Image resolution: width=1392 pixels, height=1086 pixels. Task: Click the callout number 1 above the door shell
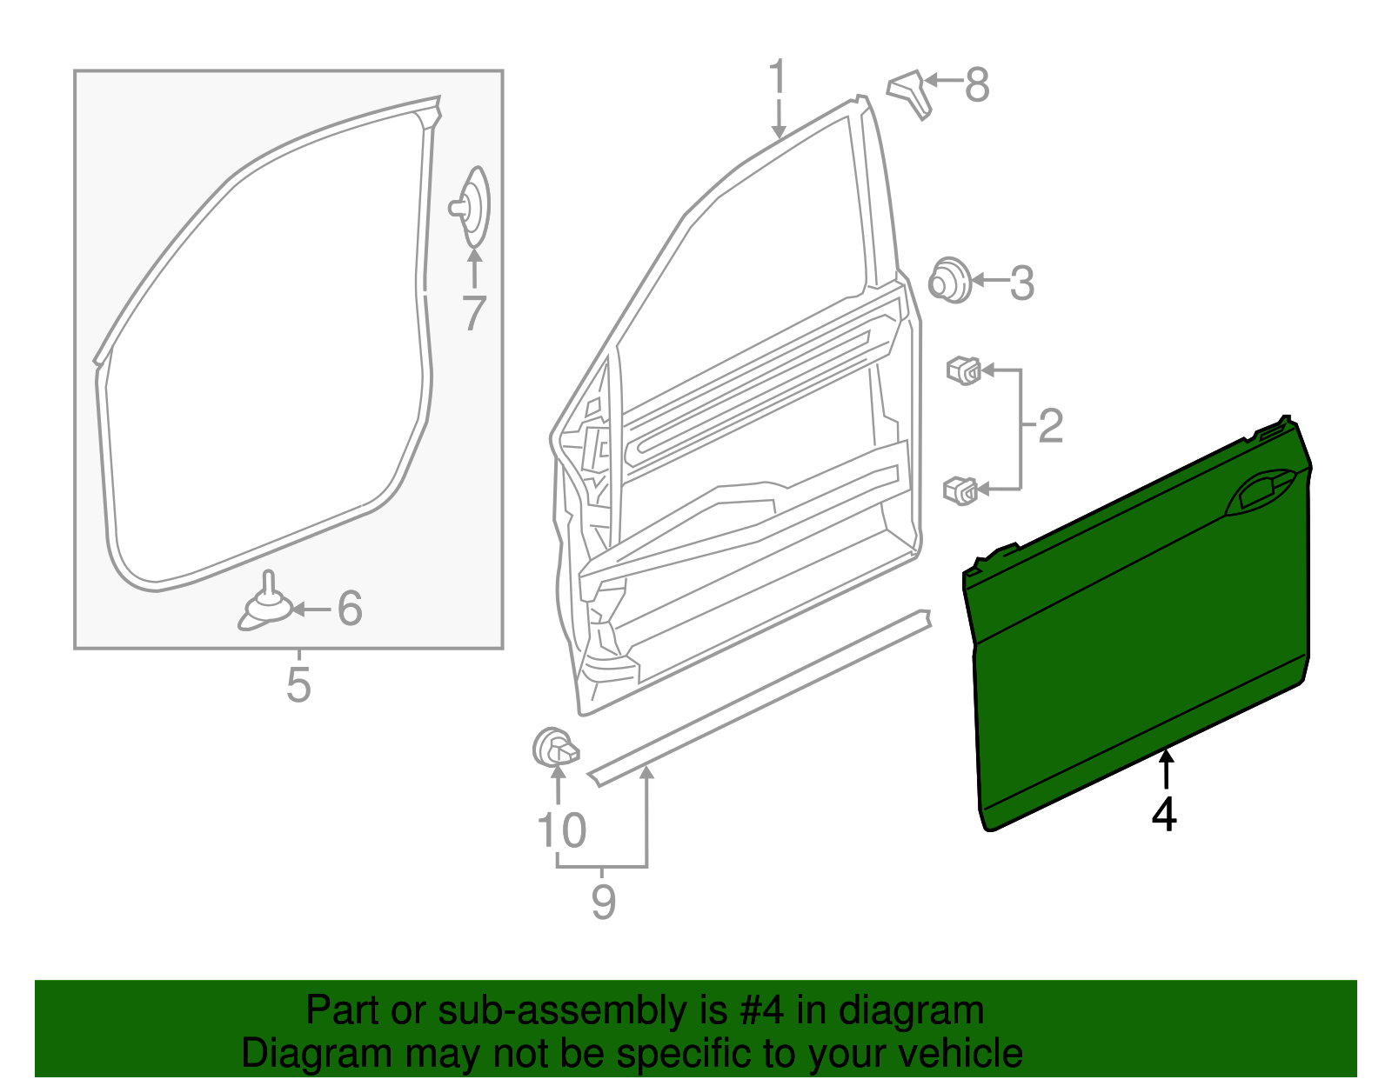tap(777, 77)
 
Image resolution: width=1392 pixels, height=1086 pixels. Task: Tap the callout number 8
tap(977, 85)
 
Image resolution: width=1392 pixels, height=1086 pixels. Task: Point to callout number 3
tap(1021, 283)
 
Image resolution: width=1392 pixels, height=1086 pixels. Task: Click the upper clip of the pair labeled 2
tap(964, 370)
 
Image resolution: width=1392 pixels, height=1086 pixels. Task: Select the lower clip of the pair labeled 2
tap(961, 490)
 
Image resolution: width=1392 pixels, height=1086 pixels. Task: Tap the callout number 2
tap(1051, 426)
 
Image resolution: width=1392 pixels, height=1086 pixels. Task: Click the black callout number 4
tap(1164, 815)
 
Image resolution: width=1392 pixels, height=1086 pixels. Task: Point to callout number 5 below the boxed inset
tap(298, 685)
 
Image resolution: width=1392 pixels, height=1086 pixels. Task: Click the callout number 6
tap(349, 609)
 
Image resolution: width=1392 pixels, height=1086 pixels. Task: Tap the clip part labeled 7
tap(472, 206)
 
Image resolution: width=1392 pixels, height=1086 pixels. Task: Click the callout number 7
tap(473, 314)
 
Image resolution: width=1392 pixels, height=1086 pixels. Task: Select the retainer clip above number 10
tap(554, 749)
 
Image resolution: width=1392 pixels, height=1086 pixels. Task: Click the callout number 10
tap(561, 830)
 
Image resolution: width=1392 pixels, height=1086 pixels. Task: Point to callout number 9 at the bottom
tap(603, 902)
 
